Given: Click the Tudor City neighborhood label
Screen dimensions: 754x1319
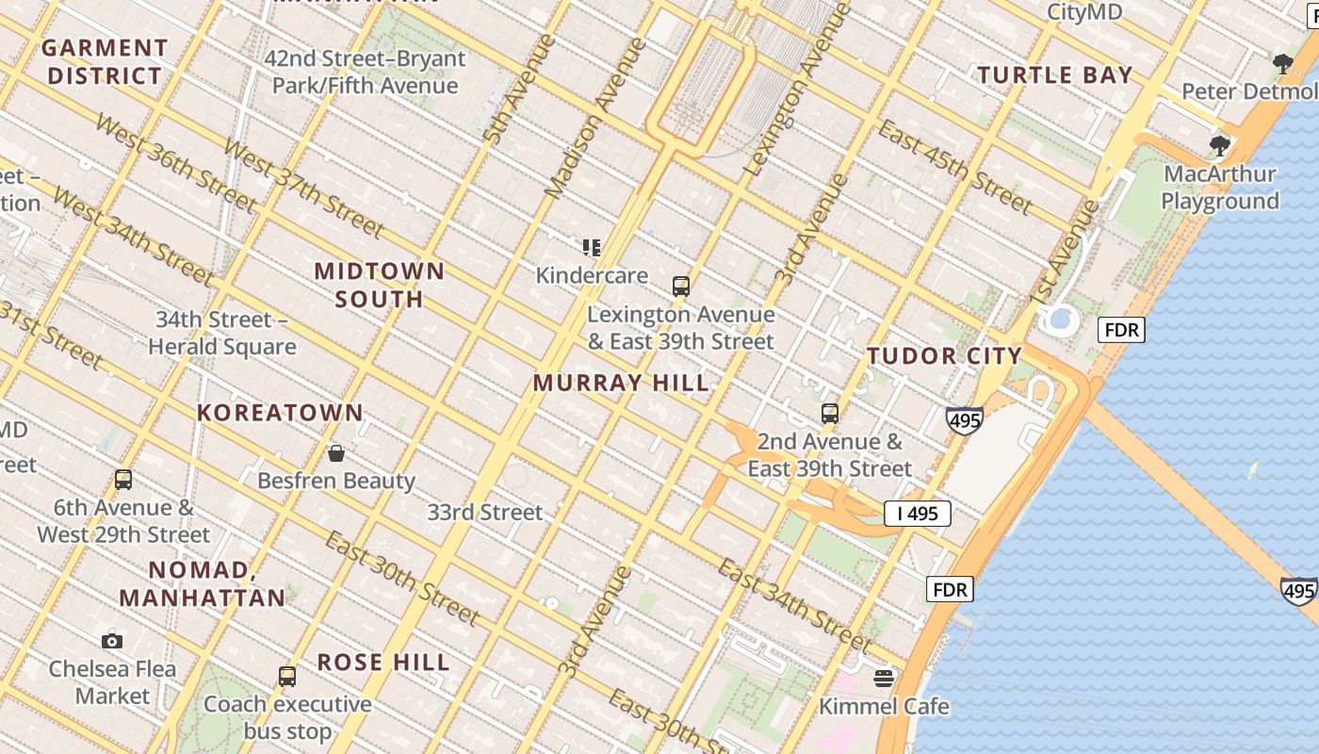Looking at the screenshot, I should [x=944, y=356].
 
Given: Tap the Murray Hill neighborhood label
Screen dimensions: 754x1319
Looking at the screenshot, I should [x=621, y=383].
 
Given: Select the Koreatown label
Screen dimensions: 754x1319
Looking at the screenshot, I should [x=280, y=413].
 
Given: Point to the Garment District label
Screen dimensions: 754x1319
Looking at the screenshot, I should [x=105, y=61].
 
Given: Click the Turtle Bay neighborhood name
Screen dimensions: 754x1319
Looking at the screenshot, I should [x=1054, y=75].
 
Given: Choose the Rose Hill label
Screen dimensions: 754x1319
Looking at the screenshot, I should [x=383, y=663].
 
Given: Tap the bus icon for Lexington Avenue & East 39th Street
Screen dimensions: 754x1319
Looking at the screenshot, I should [x=680, y=287].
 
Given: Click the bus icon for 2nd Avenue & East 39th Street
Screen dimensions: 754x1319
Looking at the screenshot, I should [x=829, y=414].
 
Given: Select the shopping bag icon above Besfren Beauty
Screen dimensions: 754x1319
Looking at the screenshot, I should [x=336, y=453].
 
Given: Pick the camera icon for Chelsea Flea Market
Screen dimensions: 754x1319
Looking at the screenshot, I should [x=112, y=642].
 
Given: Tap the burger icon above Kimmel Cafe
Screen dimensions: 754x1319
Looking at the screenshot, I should [x=883, y=679].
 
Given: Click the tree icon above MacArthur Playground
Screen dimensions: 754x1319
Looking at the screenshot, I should [x=1220, y=146].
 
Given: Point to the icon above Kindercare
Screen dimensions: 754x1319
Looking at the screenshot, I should [x=592, y=248].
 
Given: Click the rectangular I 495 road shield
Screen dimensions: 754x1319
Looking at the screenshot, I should [x=917, y=514].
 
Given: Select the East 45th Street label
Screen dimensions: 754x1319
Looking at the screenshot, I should [x=954, y=166].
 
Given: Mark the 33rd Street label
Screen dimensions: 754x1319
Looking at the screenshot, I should [x=485, y=513].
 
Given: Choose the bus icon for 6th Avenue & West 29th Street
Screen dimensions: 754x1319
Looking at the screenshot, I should [x=123, y=480].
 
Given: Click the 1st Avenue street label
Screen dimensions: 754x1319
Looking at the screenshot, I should [x=1064, y=253].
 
